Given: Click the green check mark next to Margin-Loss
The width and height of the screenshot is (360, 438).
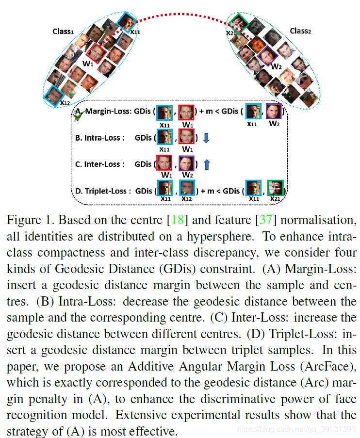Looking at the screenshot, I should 81,114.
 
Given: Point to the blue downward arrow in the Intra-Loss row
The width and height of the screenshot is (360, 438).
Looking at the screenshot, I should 206,138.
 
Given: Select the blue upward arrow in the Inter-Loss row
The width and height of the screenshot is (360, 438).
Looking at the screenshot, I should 206,164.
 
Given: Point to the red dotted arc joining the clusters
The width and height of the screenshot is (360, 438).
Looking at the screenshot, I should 180,13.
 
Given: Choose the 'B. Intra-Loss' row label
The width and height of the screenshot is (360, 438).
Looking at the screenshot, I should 97,138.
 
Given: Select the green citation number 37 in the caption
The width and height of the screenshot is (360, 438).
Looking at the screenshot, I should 265,220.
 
